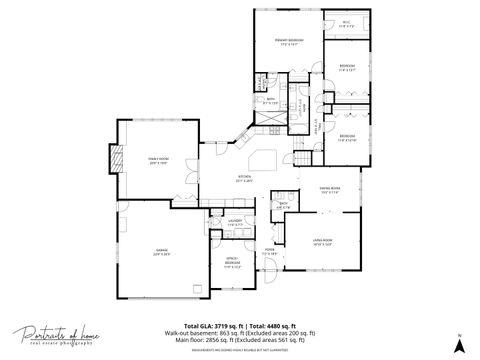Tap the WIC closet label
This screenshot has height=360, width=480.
tap(346, 25)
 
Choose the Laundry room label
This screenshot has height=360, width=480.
tap(235, 223)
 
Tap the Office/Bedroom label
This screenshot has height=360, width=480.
tap(232, 265)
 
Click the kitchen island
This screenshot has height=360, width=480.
tap(263, 160)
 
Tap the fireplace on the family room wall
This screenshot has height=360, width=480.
tap(117, 157)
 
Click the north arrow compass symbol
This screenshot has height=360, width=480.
tap(457, 343)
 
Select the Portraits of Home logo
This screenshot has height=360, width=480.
tap(56, 337)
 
